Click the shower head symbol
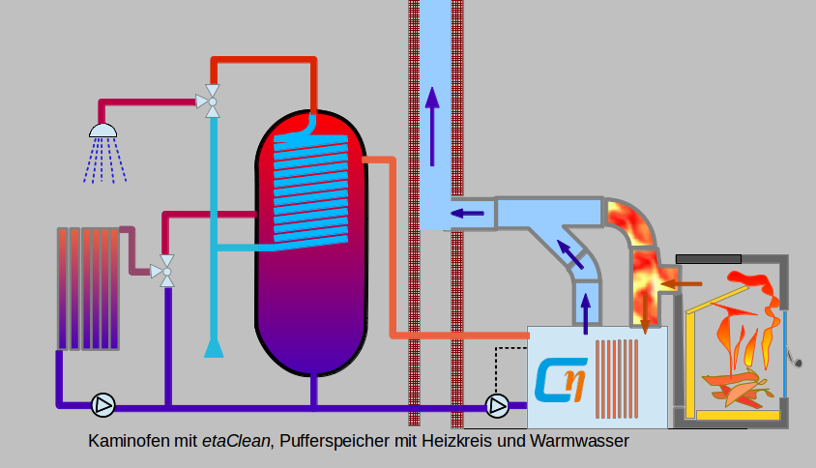103,131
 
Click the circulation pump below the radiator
102,404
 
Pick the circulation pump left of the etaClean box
497,405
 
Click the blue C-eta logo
561,380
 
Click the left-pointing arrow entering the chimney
468,214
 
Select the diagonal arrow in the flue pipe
570,253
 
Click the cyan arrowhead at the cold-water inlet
214,346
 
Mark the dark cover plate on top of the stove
709,258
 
